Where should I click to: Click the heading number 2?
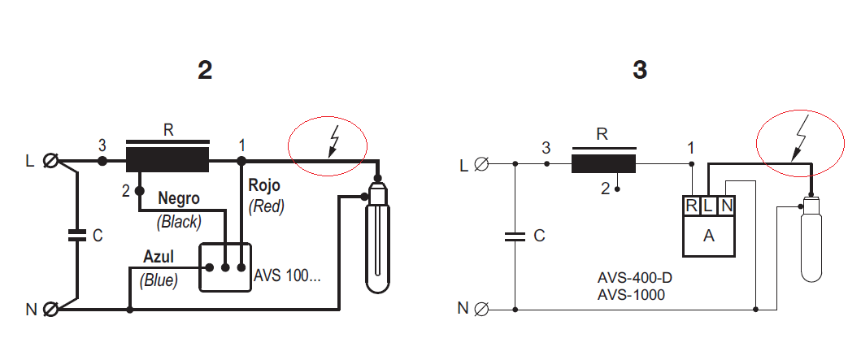205,71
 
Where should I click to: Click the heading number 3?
640,70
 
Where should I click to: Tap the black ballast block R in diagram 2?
168,160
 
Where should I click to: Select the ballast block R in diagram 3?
603,163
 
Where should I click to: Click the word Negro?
179,198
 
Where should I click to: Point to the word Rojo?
264,185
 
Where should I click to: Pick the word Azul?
159,257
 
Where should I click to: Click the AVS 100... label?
287,275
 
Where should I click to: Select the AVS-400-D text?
635,278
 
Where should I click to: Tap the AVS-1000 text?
631,295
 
